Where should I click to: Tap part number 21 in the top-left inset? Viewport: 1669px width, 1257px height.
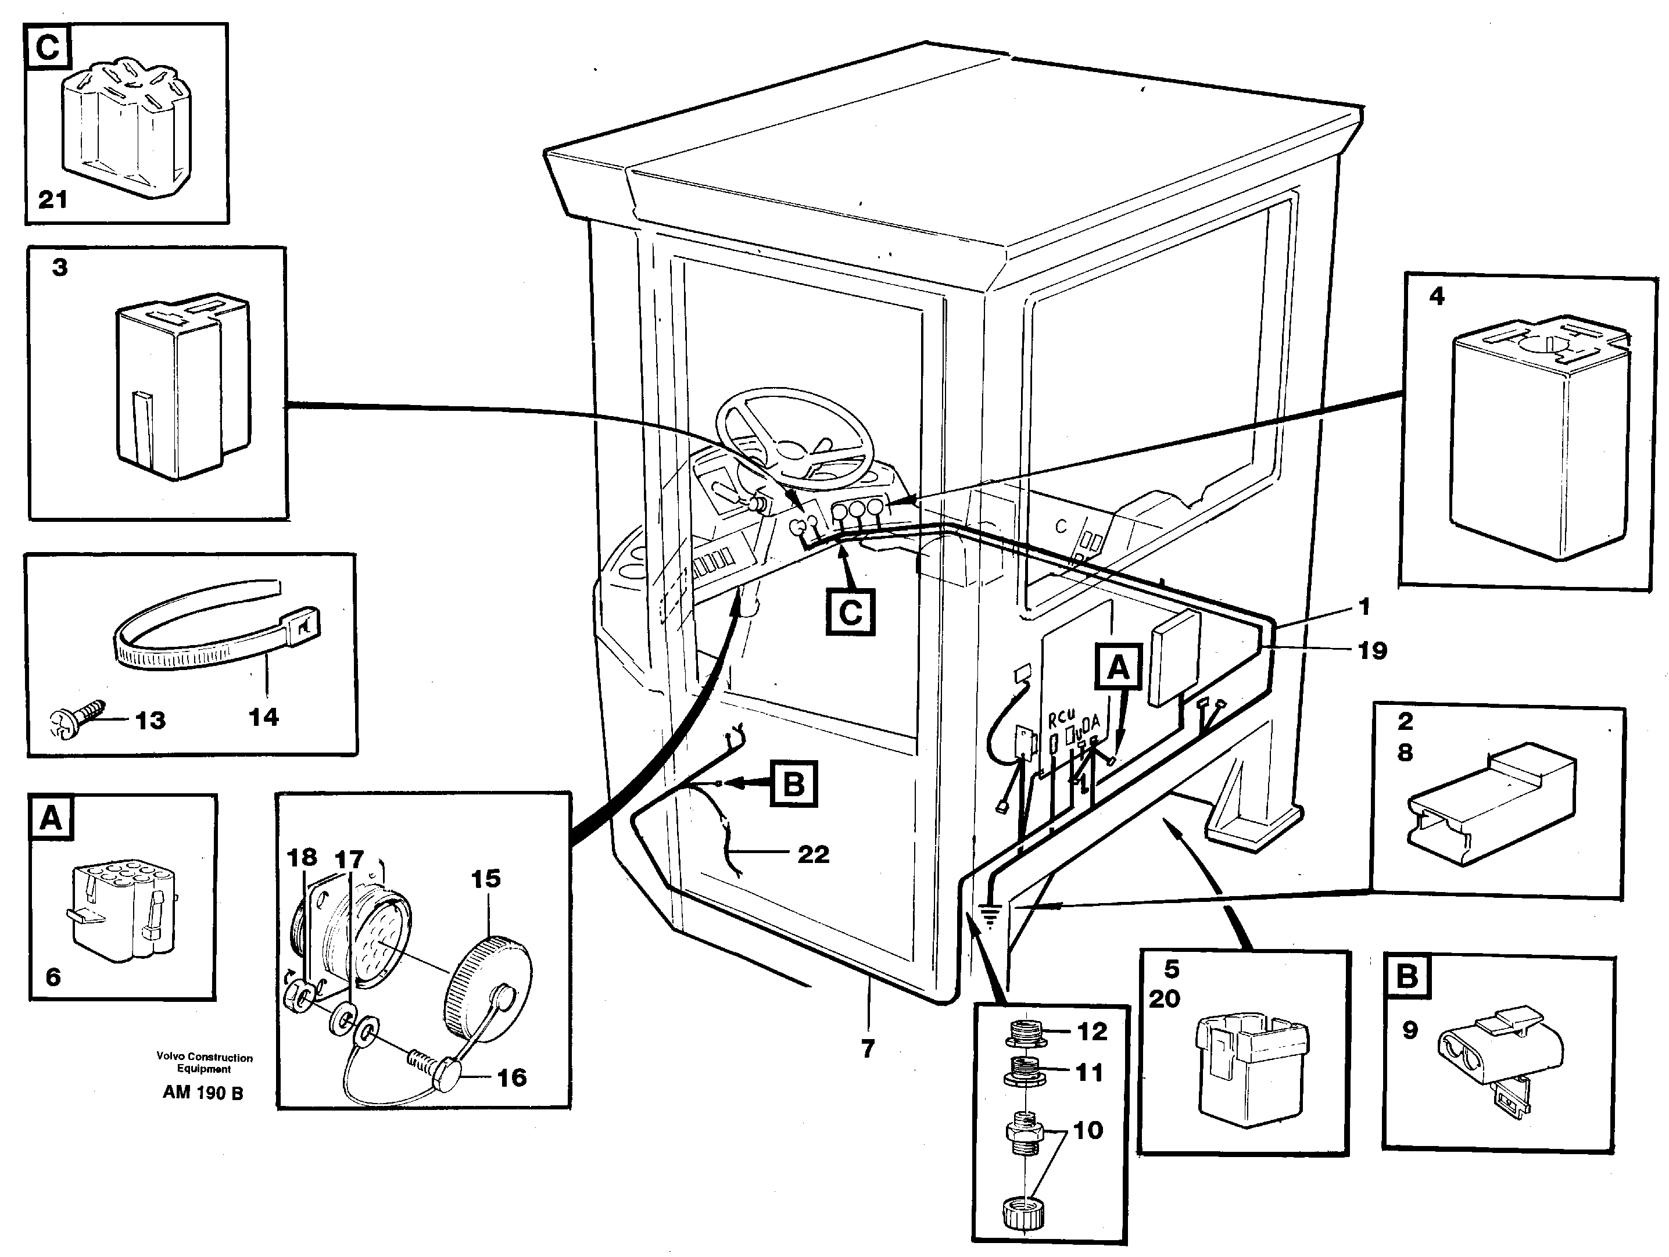53,200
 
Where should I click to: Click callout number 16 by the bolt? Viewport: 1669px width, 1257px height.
511,1077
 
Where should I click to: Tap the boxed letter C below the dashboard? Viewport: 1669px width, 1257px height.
850,612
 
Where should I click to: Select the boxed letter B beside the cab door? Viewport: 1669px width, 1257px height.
793,784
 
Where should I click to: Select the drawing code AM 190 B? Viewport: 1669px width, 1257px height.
203,1093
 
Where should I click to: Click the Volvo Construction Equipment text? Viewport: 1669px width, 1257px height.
205,1062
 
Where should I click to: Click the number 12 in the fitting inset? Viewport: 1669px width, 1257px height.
1092,1032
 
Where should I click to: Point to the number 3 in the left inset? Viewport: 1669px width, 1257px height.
60,267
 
